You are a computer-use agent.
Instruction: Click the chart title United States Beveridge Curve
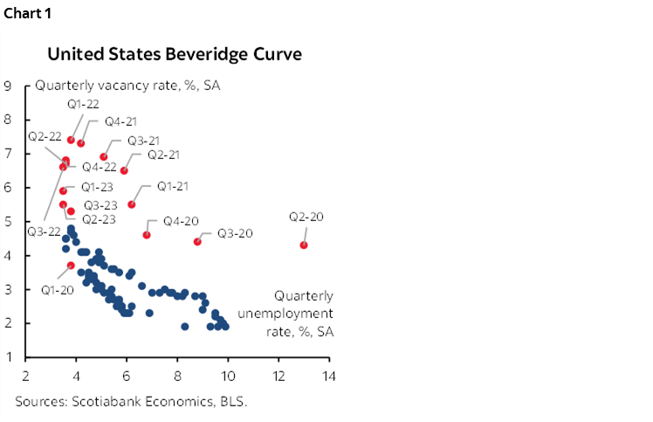click(175, 54)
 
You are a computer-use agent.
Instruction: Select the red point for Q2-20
click(303, 246)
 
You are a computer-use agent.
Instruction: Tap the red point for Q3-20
click(197, 242)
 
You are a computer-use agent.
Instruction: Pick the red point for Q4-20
click(147, 235)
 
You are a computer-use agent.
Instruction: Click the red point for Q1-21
click(132, 204)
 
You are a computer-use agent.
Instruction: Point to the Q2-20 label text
click(306, 217)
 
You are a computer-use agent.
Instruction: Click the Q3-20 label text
click(236, 233)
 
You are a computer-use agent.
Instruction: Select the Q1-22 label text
click(85, 104)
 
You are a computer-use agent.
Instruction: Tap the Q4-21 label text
click(120, 121)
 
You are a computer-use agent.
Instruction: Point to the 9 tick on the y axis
click(7, 86)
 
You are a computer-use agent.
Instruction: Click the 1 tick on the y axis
click(7, 357)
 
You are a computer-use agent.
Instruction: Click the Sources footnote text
click(130, 403)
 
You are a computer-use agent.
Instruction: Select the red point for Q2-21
click(124, 170)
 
